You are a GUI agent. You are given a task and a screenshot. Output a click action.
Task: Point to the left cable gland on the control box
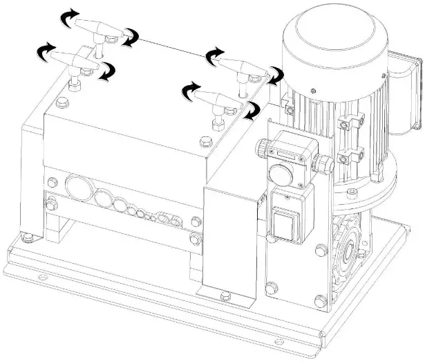[264, 147]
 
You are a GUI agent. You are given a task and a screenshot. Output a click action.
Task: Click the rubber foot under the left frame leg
[28, 239]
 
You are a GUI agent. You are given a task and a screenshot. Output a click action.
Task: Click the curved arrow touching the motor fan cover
[276, 75]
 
